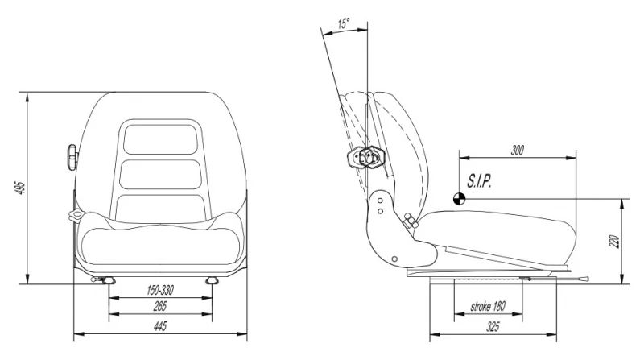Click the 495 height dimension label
22,188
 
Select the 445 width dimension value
160,326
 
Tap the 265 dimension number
160,306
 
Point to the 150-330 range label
160,290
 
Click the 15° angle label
345,23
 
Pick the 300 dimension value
517,151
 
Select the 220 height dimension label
613,242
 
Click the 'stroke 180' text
488,307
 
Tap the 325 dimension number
493,327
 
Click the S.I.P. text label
479,181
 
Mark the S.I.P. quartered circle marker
459,199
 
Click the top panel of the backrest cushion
160,139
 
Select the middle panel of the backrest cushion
160,174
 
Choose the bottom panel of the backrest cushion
160,209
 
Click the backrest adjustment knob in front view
72,157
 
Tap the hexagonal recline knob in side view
372,156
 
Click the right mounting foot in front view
212,281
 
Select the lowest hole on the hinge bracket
394,259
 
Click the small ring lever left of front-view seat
76,215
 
